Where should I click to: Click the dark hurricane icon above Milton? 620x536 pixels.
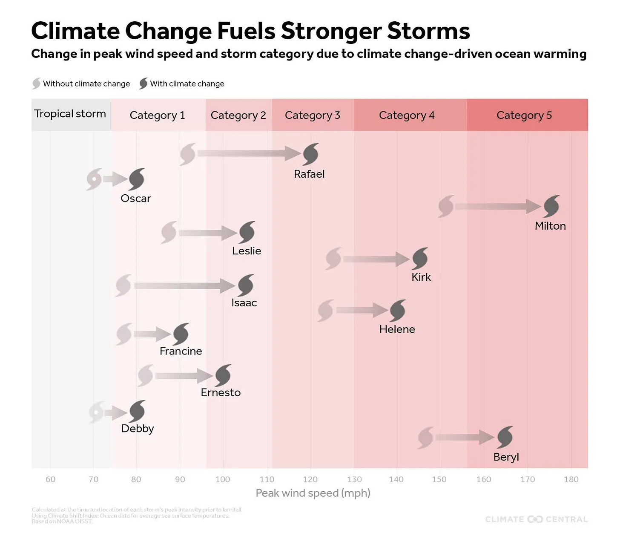click(551, 206)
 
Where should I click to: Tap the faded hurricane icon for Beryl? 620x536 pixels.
click(426, 437)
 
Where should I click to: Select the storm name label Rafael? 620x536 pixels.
click(309, 174)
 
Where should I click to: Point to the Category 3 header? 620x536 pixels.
click(313, 115)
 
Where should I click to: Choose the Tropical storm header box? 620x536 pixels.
click(70, 114)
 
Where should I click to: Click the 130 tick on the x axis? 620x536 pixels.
click(354, 479)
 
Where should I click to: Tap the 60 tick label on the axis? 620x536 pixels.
click(50, 479)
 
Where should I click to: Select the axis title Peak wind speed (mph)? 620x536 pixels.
click(313, 493)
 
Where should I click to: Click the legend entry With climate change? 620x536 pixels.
click(182, 84)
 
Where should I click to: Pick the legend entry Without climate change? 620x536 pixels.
click(81, 84)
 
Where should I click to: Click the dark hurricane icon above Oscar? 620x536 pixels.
click(137, 179)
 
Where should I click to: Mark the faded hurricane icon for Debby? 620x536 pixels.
click(97, 412)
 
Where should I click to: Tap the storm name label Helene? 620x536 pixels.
click(397, 329)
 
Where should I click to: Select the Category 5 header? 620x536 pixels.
click(524, 115)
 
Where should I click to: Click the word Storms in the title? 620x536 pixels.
click(429, 31)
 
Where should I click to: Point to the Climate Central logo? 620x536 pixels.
click(536, 519)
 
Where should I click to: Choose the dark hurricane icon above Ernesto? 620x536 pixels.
click(223, 375)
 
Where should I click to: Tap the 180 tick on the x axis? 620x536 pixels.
click(571, 479)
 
